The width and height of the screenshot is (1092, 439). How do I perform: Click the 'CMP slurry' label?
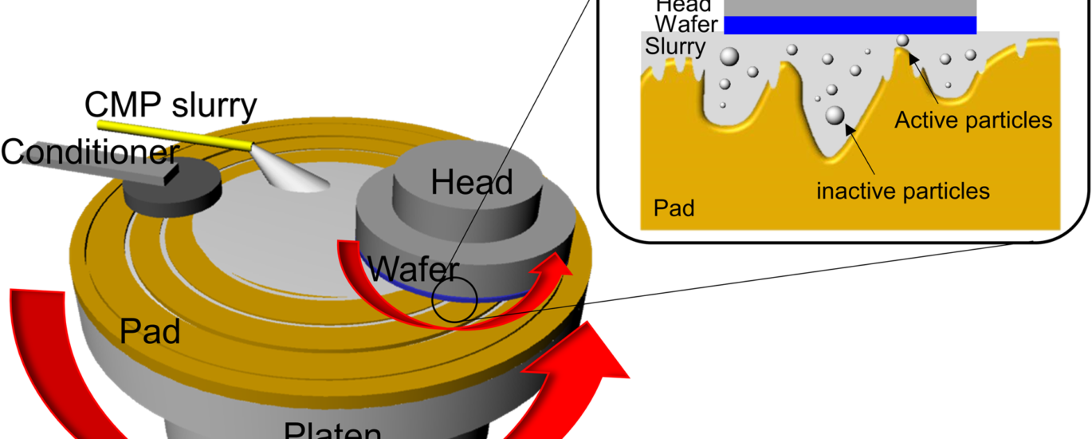click(171, 105)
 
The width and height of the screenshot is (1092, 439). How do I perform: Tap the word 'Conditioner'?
click(88, 151)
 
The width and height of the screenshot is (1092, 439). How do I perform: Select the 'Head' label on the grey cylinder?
click(472, 183)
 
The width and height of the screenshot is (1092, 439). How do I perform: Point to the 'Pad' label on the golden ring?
click(150, 331)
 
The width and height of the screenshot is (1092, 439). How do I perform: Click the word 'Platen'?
click(332, 430)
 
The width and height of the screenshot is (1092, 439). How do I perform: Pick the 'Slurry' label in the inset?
click(674, 47)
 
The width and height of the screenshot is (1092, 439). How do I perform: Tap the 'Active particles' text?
click(972, 121)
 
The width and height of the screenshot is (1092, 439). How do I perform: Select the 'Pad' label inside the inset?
click(674, 209)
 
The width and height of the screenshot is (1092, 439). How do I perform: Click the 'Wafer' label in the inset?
click(685, 24)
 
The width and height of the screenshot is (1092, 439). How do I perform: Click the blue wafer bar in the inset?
click(850, 26)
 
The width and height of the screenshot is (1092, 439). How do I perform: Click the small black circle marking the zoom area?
click(454, 301)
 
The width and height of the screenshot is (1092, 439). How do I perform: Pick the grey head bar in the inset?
click(850, 6)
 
